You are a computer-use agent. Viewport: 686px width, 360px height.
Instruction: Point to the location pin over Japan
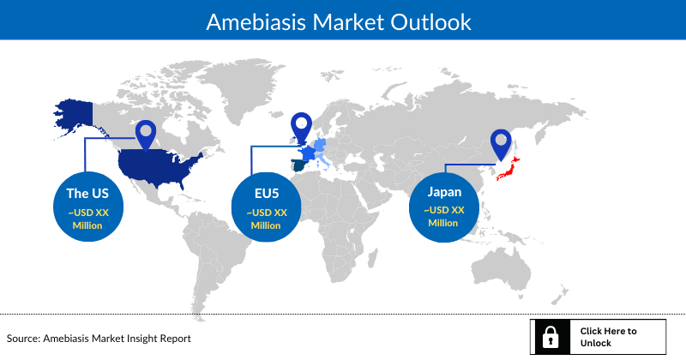(x=500, y=143)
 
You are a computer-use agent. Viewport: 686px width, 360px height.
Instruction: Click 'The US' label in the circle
(x=87, y=194)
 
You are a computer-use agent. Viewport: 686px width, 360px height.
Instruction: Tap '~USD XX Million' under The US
(x=87, y=219)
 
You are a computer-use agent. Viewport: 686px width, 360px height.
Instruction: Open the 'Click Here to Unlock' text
(x=608, y=337)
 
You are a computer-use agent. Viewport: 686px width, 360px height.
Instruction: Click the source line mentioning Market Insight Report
(x=99, y=339)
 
